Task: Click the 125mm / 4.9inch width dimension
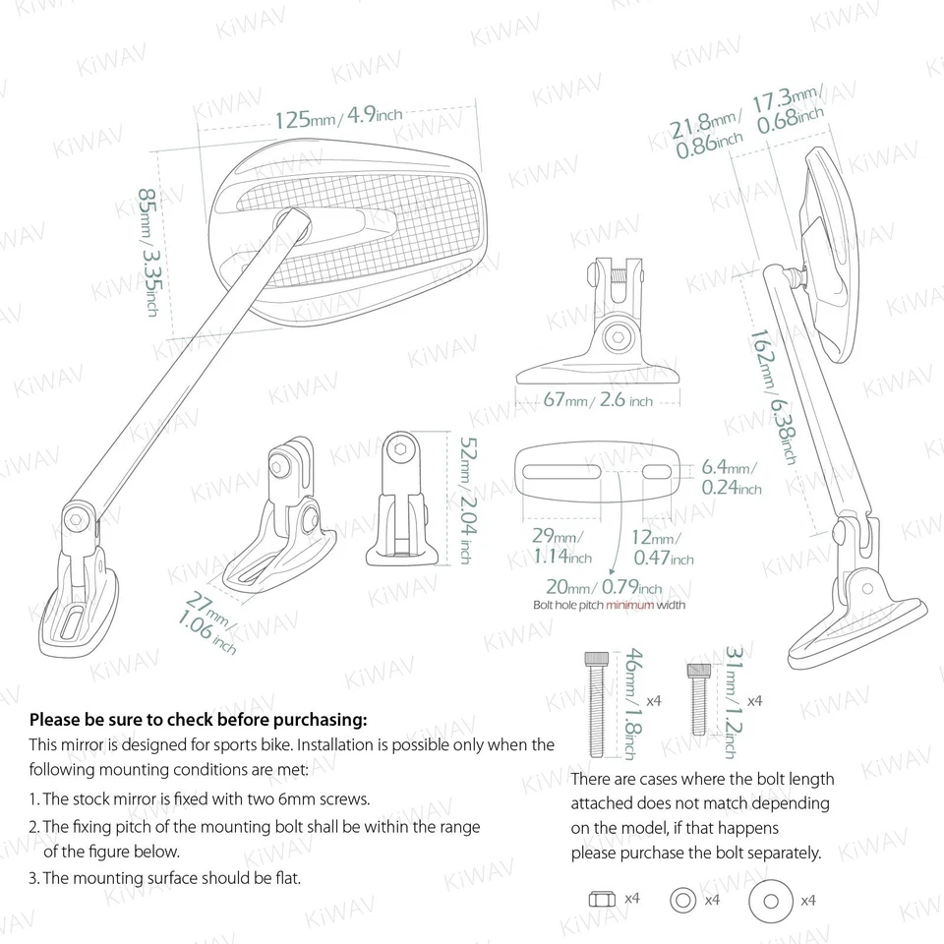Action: pyautogui.click(x=337, y=118)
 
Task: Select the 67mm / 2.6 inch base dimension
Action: pyautogui.click(x=598, y=401)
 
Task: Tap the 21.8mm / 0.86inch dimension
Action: pyautogui.click(x=707, y=136)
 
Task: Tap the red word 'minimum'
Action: pyautogui.click(x=629, y=605)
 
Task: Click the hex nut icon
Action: pyautogui.click(x=601, y=899)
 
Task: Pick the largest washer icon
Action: pyautogui.click(x=770, y=899)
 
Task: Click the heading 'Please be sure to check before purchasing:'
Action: pyautogui.click(x=198, y=720)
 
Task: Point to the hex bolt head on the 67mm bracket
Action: pyautogui.click(x=618, y=336)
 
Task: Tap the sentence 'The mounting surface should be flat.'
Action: pyautogui.click(x=164, y=877)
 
